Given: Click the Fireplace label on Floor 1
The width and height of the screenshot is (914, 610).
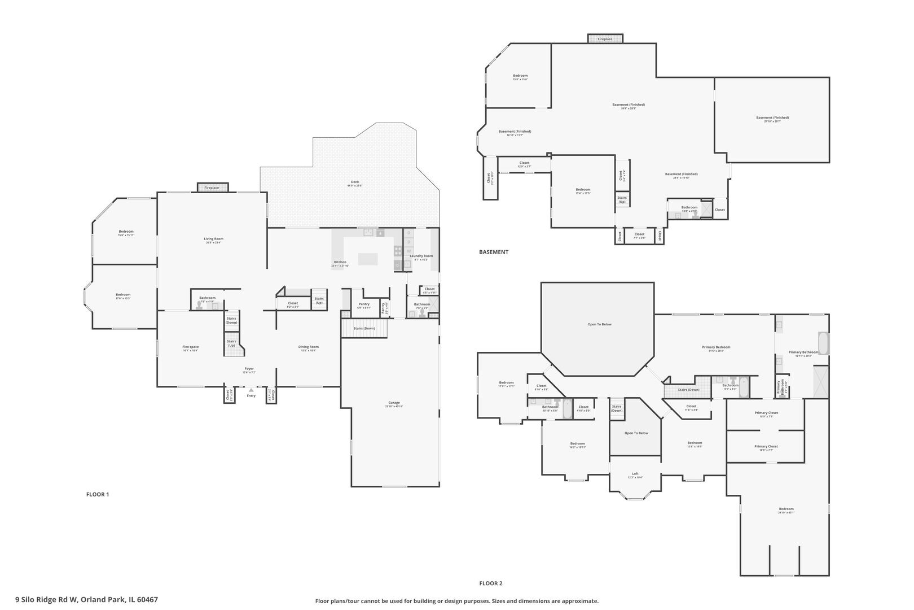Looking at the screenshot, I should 212,188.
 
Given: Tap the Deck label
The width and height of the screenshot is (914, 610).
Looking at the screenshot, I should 355,182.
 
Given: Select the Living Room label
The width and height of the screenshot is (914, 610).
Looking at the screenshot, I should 214,239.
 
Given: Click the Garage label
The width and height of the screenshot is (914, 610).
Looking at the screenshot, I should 393,403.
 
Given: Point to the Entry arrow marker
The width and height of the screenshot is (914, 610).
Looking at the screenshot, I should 251,390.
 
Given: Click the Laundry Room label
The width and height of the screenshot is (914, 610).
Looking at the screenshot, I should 421,256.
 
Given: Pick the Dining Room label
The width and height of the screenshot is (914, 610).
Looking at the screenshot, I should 309,347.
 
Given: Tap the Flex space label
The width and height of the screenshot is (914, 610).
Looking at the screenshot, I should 190,347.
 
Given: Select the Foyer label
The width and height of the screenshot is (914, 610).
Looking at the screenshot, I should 249,369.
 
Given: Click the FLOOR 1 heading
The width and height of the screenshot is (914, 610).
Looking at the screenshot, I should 97,494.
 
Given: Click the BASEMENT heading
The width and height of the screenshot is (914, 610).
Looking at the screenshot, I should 494,252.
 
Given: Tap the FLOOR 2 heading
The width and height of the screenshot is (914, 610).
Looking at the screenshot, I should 491,583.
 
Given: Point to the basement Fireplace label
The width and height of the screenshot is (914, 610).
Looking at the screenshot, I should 605,39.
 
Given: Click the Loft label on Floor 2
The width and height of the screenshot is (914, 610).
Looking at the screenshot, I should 635,474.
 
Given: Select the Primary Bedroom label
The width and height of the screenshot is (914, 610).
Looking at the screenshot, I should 716,347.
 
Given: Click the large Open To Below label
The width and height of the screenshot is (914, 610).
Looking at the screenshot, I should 599,324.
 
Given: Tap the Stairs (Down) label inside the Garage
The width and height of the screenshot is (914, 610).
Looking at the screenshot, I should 364,328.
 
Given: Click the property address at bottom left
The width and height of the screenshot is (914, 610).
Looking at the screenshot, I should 86,599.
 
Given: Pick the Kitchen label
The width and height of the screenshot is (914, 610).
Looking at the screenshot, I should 340,262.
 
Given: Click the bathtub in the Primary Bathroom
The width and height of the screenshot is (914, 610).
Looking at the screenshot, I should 824,343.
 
